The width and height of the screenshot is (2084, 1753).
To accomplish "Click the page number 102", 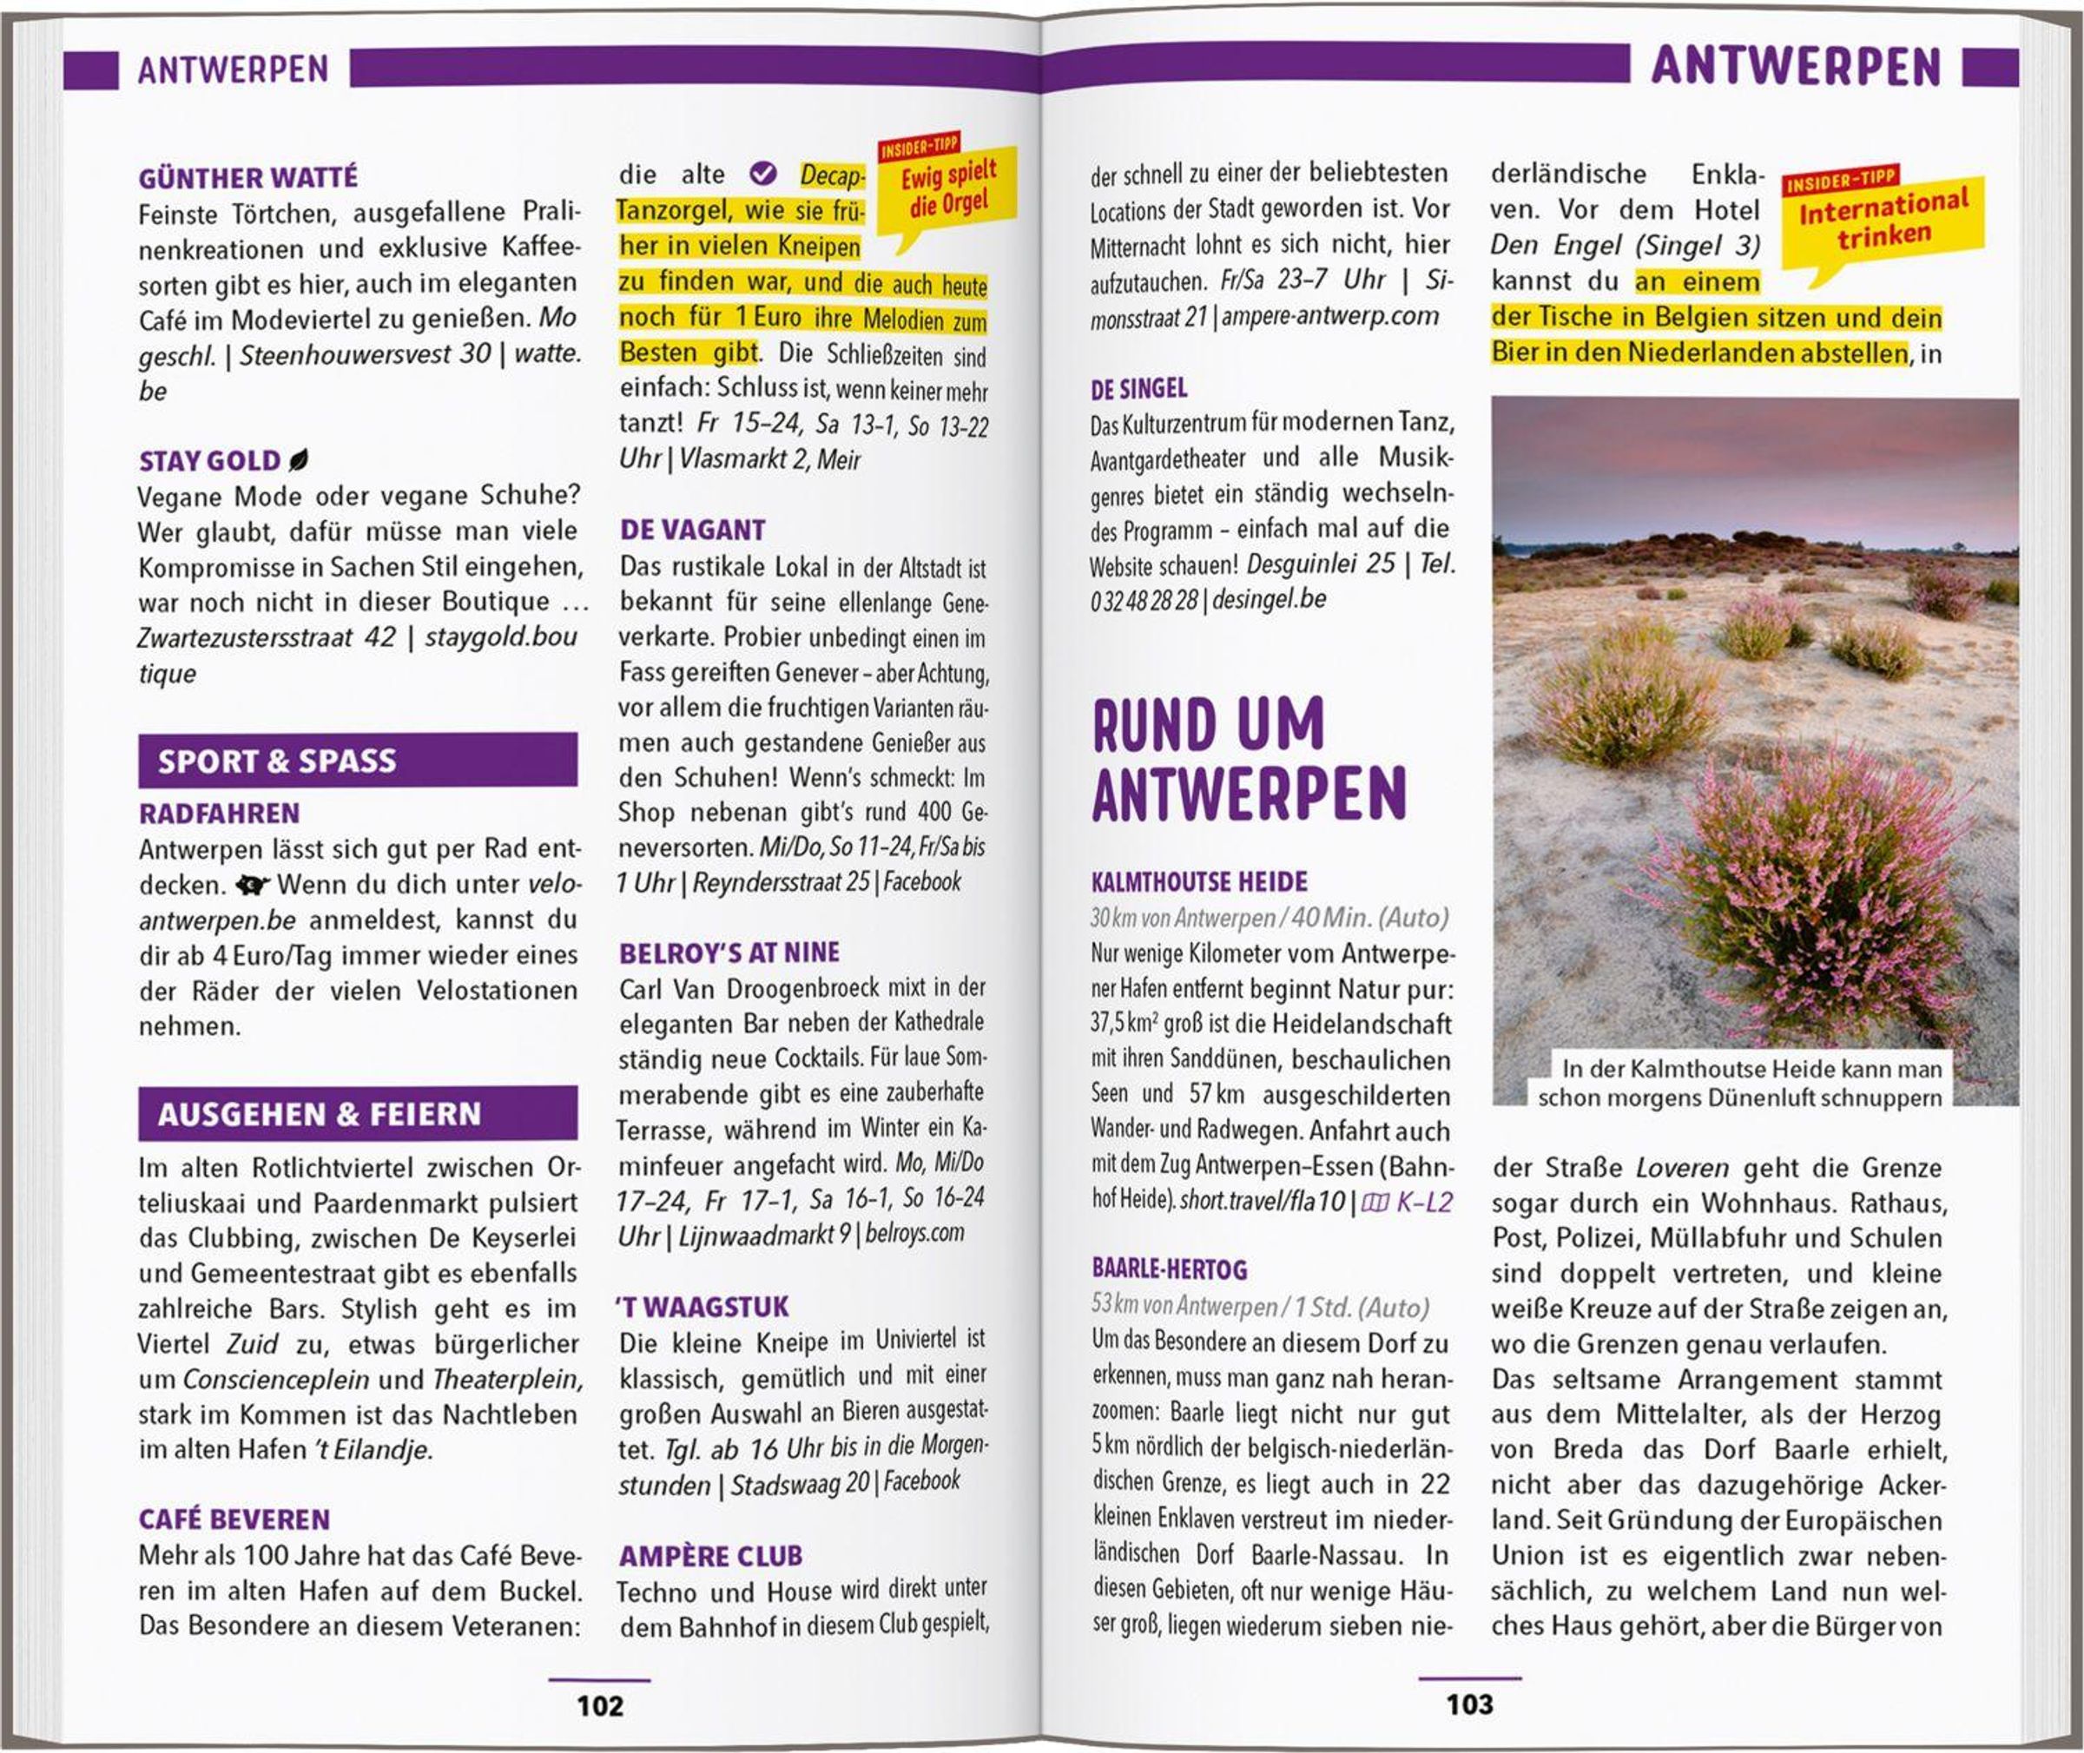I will point(599,1705).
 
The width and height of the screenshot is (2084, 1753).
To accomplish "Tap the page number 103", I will point(1469,1704).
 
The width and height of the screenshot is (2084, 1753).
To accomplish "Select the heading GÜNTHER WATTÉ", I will point(247,178).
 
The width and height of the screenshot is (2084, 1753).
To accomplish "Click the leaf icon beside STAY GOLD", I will point(297,460).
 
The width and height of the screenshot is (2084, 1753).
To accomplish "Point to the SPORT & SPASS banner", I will point(357,761).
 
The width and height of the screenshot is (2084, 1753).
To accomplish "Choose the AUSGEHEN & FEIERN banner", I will point(357,1113).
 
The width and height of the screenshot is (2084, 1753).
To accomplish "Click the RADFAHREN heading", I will point(219,814).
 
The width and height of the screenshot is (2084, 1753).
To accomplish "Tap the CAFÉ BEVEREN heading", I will point(234,1519).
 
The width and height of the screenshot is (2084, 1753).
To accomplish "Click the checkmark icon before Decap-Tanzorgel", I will point(762,174).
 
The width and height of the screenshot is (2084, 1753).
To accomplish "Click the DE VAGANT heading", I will point(692,530).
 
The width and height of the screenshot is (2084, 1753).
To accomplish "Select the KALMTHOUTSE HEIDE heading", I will point(1198,881).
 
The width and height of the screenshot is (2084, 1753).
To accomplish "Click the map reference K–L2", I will point(1411,1203).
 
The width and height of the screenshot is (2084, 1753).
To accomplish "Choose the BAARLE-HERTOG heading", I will point(1169,1269).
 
